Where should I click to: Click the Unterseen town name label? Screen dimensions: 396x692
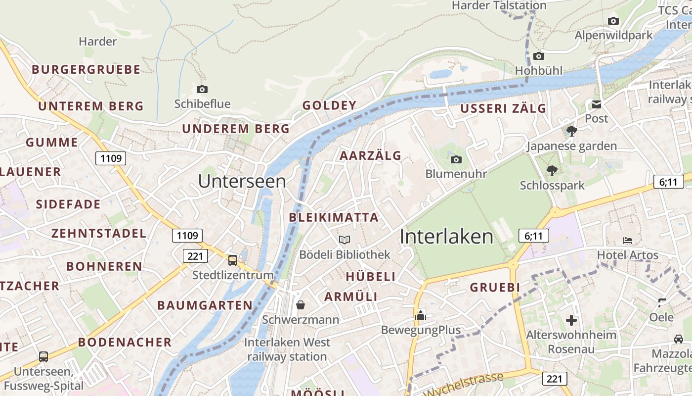[x=242, y=181]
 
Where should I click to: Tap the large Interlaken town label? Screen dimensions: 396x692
[x=446, y=237]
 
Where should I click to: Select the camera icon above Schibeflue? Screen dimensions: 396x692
[x=202, y=89]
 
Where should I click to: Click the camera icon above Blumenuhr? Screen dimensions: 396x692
[x=456, y=159]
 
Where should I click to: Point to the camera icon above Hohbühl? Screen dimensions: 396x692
[x=539, y=56]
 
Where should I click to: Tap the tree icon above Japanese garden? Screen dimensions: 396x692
[x=571, y=131]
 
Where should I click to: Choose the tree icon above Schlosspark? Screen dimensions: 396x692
[x=552, y=171]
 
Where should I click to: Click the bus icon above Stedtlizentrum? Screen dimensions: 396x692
[x=233, y=260]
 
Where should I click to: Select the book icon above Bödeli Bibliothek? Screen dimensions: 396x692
[x=345, y=240]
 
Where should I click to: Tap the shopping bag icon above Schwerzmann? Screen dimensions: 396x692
[x=300, y=305]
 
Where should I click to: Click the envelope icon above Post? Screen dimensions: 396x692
[x=596, y=104]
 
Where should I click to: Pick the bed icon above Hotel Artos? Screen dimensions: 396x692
[x=628, y=241]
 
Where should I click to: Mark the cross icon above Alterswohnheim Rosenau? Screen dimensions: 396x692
[x=571, y=320]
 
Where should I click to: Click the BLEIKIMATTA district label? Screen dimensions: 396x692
[x=334, y=217]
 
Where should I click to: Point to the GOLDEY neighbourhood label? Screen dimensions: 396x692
[x=329, y=105]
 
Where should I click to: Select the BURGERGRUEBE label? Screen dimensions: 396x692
[x=86, y=69]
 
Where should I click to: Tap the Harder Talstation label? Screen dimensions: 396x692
[x=499, y=5]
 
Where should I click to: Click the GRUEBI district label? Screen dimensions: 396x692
[x=495, y=288]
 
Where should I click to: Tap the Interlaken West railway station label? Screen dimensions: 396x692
[x=287, y=349]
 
